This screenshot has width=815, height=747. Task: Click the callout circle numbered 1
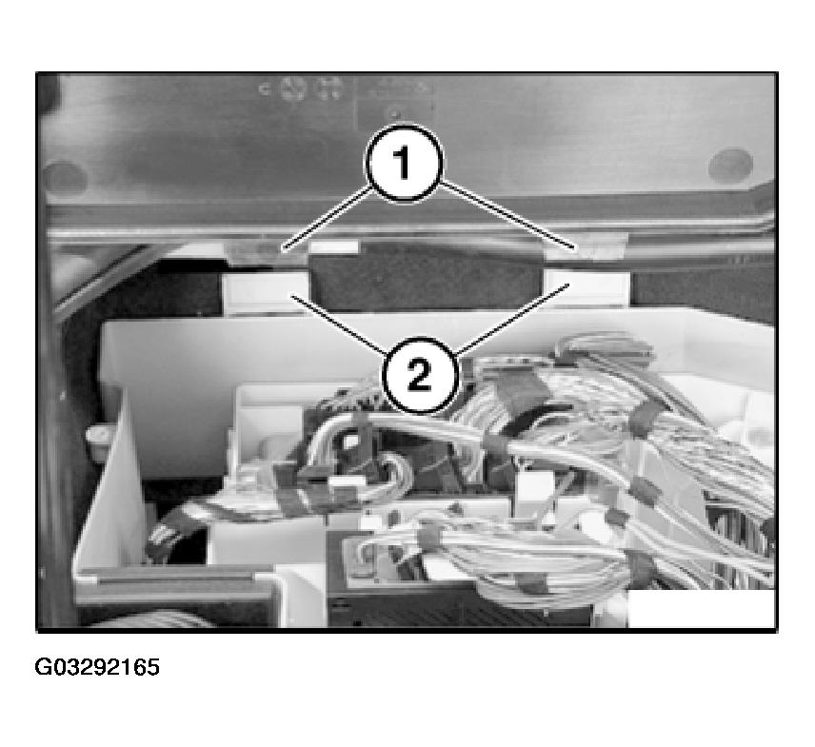tap(405, 163)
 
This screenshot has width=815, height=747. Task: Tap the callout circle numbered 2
tap(420, 375)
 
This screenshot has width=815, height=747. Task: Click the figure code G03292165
tap(97, 667)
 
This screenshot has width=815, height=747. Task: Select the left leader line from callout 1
tap(327, 217)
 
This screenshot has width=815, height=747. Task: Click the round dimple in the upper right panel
tap(730, 165)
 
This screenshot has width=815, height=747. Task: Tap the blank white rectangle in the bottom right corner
tap(701, 609)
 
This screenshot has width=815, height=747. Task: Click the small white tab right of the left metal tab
tap(333, 247)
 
